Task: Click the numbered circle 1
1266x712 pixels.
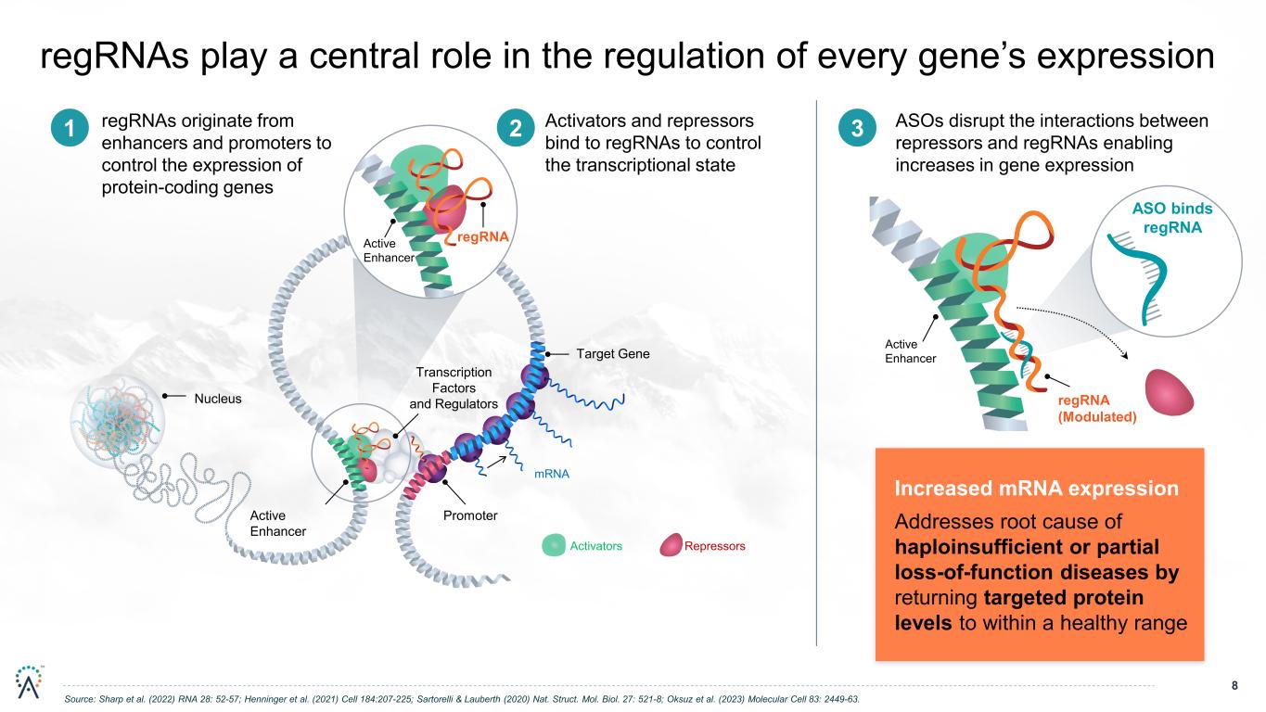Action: coord(70,128)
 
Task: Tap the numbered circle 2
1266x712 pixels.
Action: coord(516,128)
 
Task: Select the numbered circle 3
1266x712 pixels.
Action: coord(857,128)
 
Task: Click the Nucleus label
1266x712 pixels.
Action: coord(218,399)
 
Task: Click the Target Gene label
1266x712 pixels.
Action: coord(613,354)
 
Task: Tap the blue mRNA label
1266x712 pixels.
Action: coord(552,474)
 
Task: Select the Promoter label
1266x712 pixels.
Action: coord(470,515)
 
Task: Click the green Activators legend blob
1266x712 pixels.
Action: coord(554,545)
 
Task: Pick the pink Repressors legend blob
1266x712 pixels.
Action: coord(671,545)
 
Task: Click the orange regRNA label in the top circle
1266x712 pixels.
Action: coord(482,236)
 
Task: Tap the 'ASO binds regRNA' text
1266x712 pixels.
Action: coord(1172,218)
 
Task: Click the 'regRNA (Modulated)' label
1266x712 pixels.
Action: coord(1097,409)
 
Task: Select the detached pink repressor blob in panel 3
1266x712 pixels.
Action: coord(1169,393)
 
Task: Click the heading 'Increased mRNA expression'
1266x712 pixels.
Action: coord(1037,489)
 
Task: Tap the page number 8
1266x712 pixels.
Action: coord(1234,685)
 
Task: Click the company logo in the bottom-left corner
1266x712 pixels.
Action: coord(29,681)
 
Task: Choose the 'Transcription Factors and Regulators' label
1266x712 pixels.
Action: coord(454,388)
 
